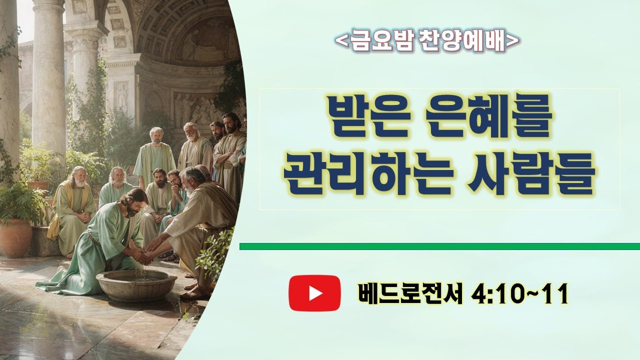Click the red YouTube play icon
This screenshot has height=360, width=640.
[314, 293]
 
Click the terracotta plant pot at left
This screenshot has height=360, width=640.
[16, 237]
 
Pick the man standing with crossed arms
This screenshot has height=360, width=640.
[230, 150]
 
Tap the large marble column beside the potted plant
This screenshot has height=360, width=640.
[49, 75]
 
